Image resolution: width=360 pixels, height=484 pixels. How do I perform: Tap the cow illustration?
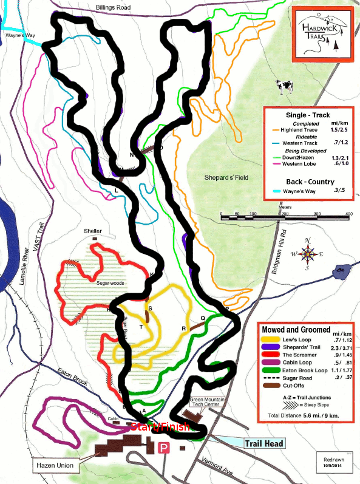pos(284,87)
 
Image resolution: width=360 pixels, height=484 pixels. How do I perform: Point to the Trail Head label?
pos(265,444)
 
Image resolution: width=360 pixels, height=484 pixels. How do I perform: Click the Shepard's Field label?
pos(227,177)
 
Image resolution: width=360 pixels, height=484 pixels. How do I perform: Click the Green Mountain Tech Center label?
pos(209,403)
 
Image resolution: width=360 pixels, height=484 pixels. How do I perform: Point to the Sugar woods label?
pos(110,282)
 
